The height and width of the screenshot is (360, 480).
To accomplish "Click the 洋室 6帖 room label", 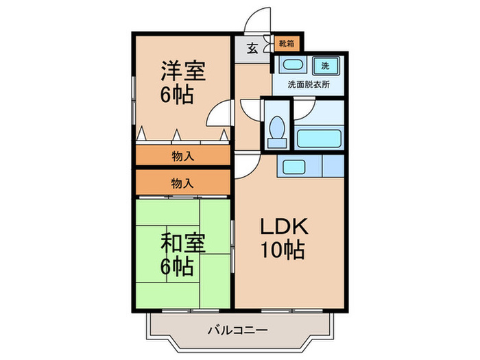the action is tap(183, 82).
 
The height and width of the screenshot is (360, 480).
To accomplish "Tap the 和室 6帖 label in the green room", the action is tap(183, 254).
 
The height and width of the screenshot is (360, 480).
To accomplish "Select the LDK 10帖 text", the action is tap(283, 238).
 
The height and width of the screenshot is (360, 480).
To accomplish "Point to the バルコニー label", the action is tap(238, 331).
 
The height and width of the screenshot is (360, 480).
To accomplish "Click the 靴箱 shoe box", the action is tap(287, 44).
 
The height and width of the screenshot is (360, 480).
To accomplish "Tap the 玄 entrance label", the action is tap(252, 49).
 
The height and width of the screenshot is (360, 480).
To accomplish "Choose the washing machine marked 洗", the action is tap(326, 66).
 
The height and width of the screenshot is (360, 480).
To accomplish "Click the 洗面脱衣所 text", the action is tap(309, 84).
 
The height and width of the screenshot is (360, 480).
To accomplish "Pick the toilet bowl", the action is tap(277, 128).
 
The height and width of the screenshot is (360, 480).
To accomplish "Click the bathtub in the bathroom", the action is tap(319, 139).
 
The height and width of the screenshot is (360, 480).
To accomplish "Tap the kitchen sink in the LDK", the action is tap(293, 167).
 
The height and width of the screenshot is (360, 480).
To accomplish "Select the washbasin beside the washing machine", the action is tap(293, 65).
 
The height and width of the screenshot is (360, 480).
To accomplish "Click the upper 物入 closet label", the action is tap(183, 156).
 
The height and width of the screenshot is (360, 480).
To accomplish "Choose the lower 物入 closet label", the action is tap(183, 183).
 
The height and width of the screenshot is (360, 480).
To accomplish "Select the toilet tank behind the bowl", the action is tap(277, 143).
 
